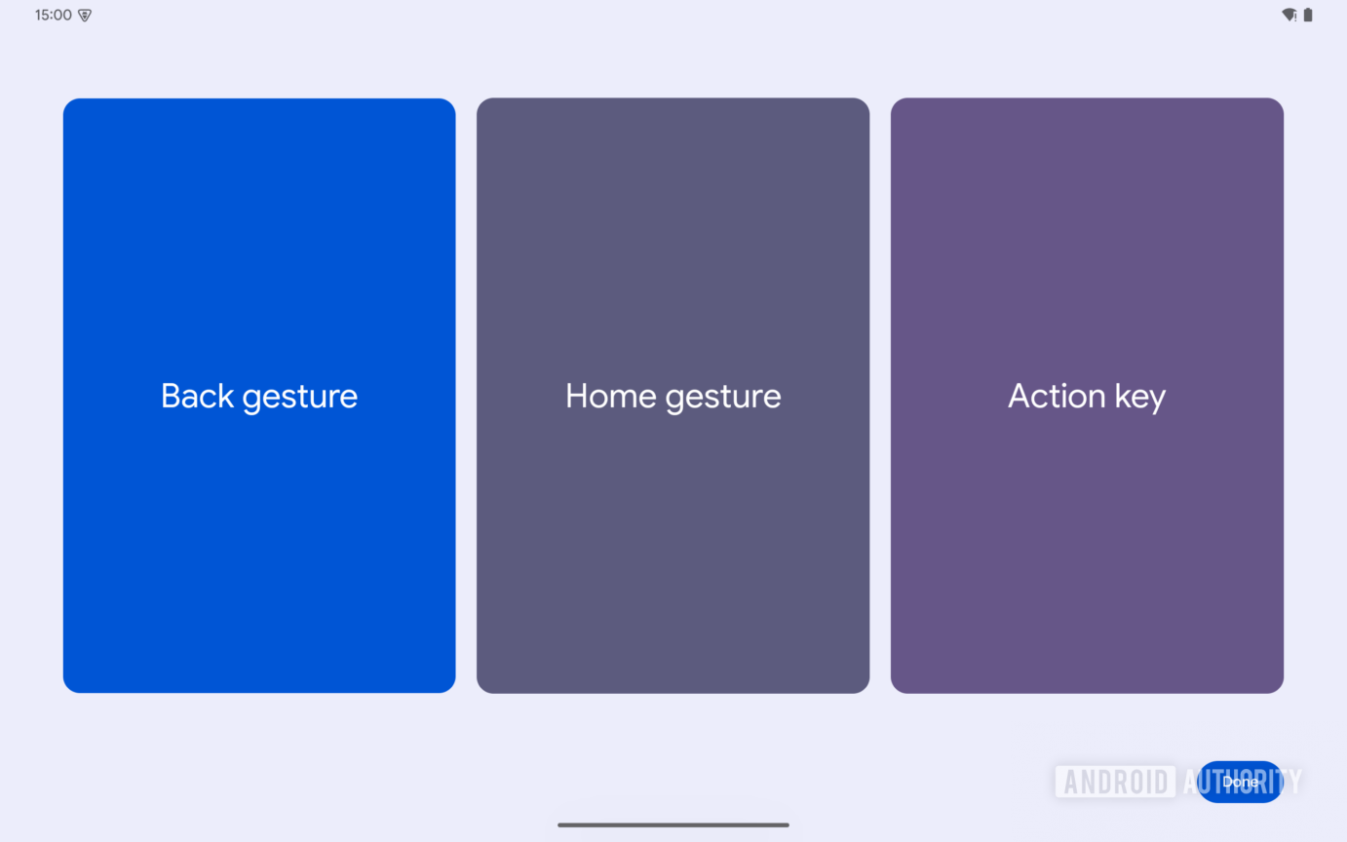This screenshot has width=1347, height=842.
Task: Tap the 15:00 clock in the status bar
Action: (x=53, y=16)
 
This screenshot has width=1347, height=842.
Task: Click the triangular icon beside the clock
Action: (x=85, y=16)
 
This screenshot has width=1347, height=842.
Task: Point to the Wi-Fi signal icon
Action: (x=1289, y=16)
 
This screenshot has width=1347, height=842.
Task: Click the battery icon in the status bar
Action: (x=1308, y=16)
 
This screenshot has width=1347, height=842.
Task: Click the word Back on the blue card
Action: (x=197, y=396)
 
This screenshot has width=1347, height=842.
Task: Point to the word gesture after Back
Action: (x=300, y=398)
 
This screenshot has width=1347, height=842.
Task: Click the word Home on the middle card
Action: (x=610, y=396)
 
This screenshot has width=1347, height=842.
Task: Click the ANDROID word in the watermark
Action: (x=1115, y=782)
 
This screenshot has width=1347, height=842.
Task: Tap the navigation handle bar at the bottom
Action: (x=673, y=824)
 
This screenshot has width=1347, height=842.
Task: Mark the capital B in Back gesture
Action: (x=172, y=396)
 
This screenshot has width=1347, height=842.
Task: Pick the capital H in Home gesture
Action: (x=577, y=396)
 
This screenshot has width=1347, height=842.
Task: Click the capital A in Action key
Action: (x=1020, y=396)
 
